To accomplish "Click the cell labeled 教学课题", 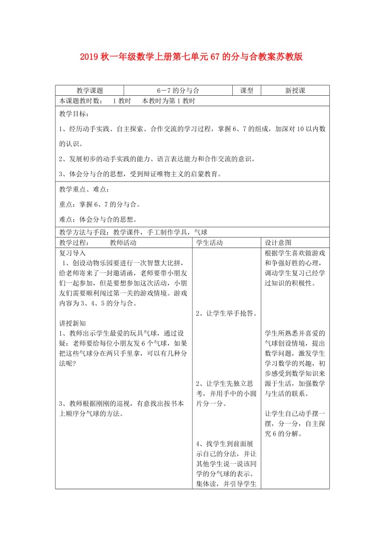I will [90, 90].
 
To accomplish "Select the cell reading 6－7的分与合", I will [178, 90].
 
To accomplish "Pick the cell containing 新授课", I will [295, 90].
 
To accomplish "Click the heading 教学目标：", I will [74, 114].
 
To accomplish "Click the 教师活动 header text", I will [123, 243].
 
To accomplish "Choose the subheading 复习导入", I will [72, 252].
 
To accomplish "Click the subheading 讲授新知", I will [72, 323].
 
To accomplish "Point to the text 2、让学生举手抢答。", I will [226, 314].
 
